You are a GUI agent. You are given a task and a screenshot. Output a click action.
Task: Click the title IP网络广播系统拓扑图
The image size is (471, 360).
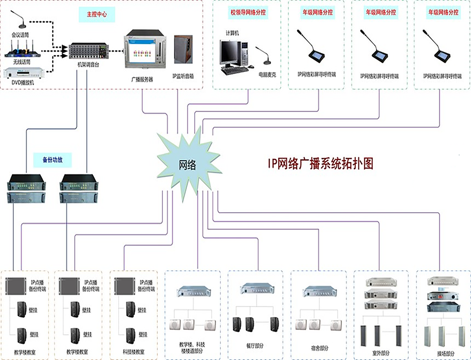coord(320,163)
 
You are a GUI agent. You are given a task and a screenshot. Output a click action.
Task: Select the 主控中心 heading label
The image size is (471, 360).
coord(97,15)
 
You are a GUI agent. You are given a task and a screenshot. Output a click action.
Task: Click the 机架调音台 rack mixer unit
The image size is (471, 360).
coord(88,51)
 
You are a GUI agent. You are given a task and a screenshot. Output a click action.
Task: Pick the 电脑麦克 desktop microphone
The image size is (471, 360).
coord(264,56)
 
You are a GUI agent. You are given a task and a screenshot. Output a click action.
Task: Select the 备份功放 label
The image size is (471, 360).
coord(52,160)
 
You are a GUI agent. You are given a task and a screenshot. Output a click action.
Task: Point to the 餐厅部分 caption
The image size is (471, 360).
coord(255,347)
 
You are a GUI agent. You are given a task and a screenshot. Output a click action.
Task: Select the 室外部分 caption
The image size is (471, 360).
coord(381,352)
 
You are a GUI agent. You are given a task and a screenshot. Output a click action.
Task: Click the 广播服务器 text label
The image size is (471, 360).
coord(142,80)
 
